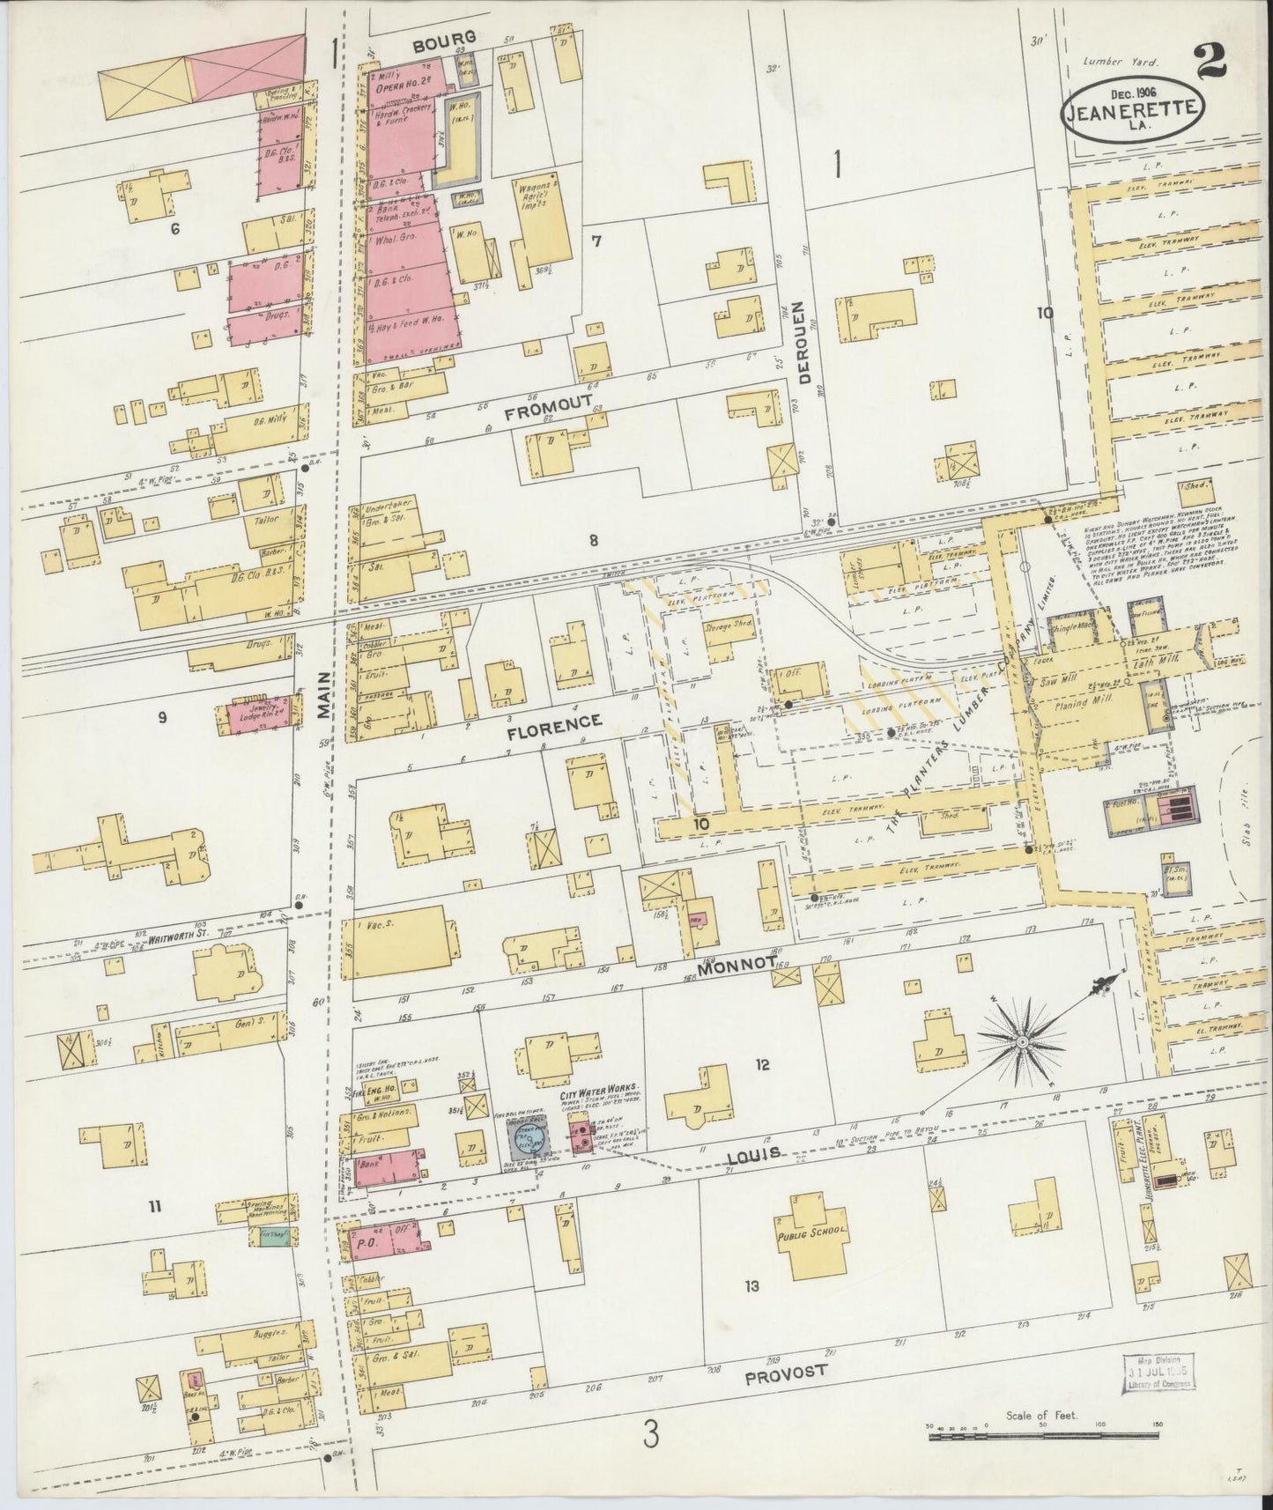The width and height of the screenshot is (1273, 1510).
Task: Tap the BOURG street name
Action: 447,37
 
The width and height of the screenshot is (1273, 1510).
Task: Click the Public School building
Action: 810,1233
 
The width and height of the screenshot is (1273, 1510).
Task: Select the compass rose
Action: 1022,1042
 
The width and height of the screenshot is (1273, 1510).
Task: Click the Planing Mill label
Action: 1092,702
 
